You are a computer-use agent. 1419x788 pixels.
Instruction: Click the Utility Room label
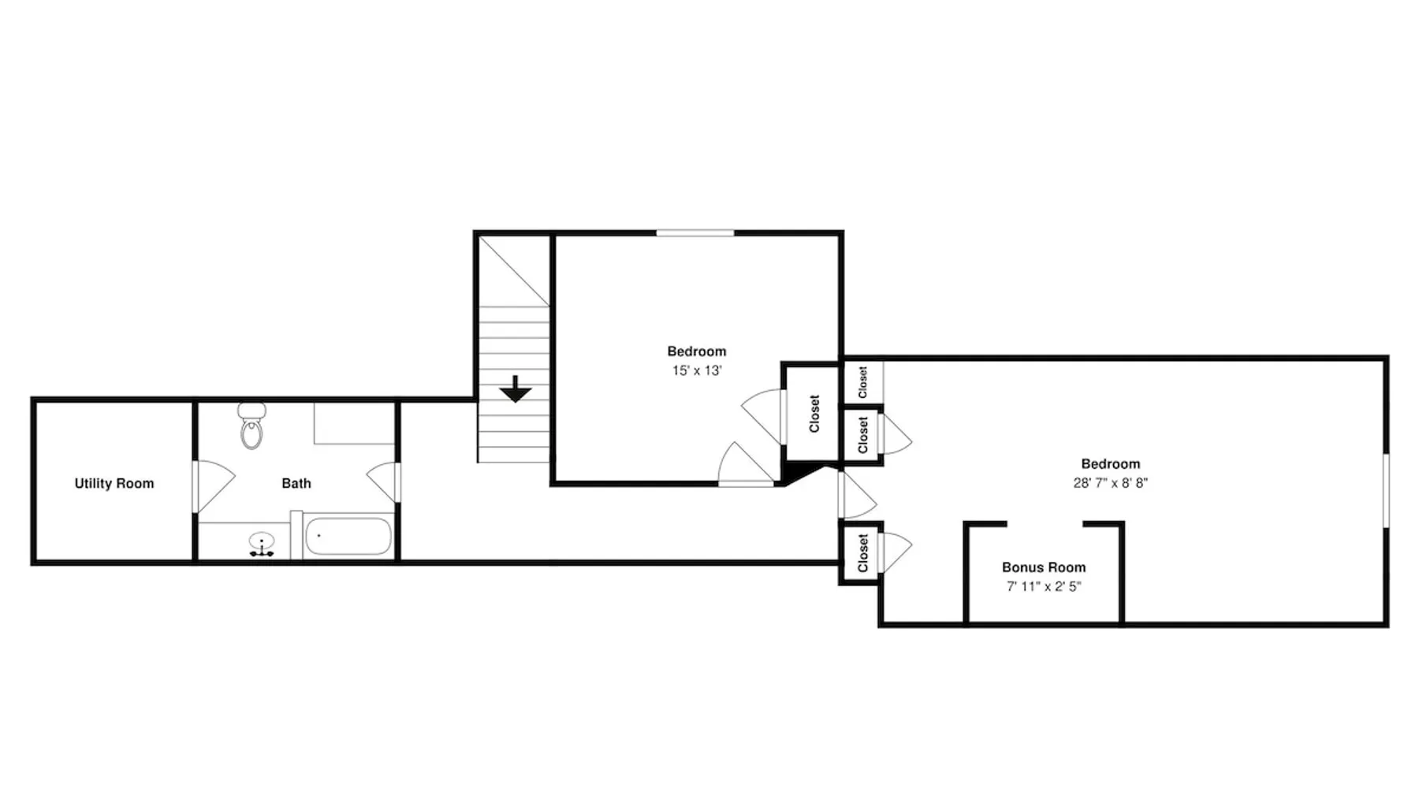pos(114,483)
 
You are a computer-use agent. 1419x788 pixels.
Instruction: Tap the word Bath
pos(296,483)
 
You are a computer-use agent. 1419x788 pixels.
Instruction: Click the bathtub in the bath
pos(348,537)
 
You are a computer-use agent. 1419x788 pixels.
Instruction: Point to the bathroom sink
pos(262,543)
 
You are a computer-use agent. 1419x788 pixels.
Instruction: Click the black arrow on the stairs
pos(516,388)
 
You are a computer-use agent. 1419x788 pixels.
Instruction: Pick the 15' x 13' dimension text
pos(697,370)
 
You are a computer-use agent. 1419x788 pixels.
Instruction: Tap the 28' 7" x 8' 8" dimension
pos(1110,483)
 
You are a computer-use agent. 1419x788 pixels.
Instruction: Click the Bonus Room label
pos(1044,567)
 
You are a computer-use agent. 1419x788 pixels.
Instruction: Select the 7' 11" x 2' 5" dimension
pos(1044,586)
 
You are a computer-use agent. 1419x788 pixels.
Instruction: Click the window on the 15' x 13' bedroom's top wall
pos(695,232)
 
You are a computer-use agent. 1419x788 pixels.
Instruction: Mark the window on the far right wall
pos(1387,490)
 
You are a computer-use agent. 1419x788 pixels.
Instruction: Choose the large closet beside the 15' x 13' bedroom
pos(814,414)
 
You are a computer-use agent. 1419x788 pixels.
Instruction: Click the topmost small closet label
pos(862,382)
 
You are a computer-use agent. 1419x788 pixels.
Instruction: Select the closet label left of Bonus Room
pos(862,553)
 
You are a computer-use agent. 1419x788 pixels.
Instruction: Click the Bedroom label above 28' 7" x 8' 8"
pos(1110,464)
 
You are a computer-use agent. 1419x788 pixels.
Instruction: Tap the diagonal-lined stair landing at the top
pos(514,270)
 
